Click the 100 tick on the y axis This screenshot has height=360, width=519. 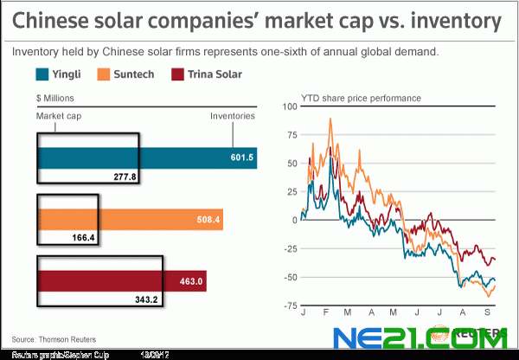[290, 106]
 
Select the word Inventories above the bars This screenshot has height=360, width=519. [232, 115]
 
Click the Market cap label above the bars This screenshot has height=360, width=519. [58, 115]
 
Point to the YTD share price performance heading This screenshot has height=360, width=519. [361, 98]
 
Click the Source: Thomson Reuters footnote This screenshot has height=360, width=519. [54, 338]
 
